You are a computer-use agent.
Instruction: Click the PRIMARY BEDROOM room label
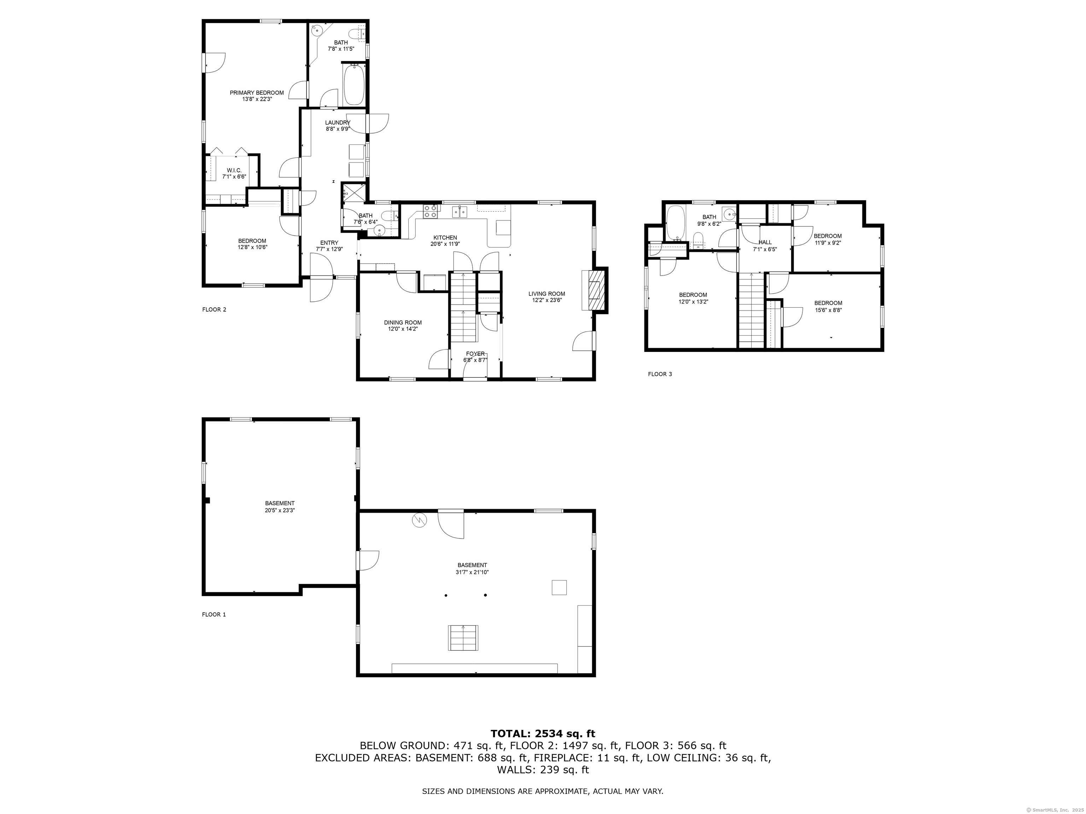click(256, 93)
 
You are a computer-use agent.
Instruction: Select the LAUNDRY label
click(337, 123)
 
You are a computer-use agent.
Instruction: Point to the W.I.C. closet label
click(234, 170)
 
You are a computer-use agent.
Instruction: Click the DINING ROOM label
click(403, 322)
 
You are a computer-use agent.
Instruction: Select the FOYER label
click(475, 353)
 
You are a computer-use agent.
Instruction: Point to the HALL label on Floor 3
click(765, 242)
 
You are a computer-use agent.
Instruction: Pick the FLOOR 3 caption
click(660, 374)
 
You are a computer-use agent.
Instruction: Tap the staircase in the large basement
click(463, 638)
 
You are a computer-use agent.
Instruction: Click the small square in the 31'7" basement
click(559, 587)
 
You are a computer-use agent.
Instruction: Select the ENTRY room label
click(329, 242)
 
